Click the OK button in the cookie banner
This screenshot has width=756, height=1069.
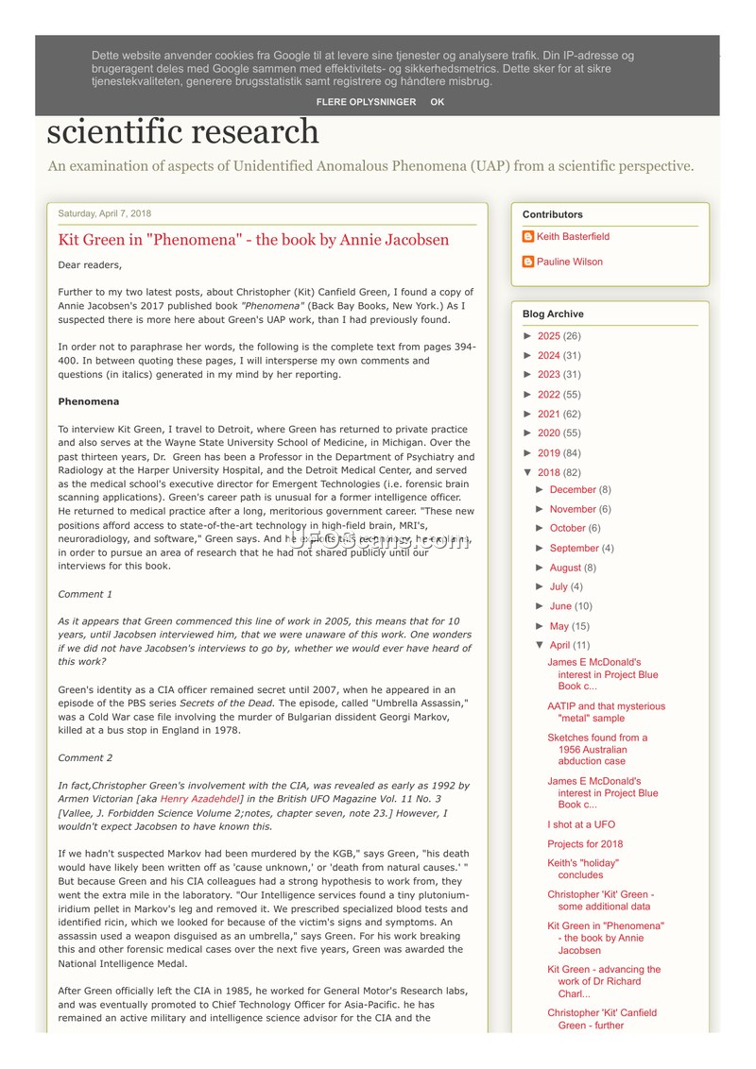pos(437,102)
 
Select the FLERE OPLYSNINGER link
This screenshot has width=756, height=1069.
pos(366,102)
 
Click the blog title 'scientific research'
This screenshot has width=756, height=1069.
pos(183,131)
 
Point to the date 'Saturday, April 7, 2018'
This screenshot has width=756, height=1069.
pos(104,213)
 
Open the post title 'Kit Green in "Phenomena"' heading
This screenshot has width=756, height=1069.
pos(253,240)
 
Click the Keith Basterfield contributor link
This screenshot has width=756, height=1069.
pos(573,237)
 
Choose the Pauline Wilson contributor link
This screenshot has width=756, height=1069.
pos(569,263)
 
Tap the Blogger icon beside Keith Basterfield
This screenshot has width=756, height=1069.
pos(528,237)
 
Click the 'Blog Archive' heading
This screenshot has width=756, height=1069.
pos(553,314)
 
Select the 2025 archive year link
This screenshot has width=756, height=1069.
pos(548,336)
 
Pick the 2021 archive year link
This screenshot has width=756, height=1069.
pos(548,414)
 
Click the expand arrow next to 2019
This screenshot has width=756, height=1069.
pos(528,453)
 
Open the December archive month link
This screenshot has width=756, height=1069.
pos(573,490)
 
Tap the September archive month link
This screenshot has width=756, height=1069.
pos(574,549)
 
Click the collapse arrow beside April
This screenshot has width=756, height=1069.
pos(540,645)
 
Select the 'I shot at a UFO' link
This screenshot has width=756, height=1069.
pos(580,824)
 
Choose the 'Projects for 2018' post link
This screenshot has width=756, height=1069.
pos(585,844)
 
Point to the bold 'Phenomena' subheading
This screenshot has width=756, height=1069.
pos(89,401)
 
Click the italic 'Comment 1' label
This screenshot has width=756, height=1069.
pos(85,594)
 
